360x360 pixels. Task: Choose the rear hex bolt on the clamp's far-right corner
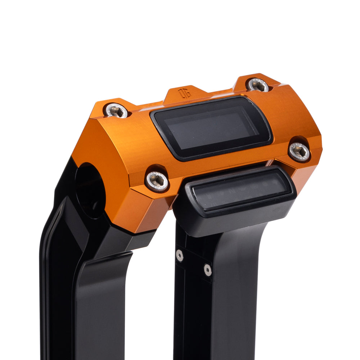[258, 85]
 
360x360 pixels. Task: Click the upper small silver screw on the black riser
[179, 255]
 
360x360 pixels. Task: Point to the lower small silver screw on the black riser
[207, 270]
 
